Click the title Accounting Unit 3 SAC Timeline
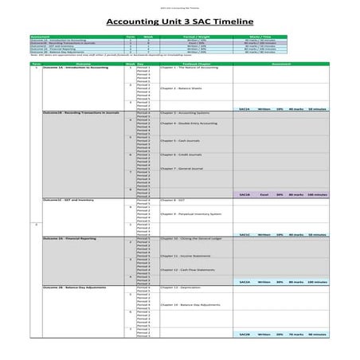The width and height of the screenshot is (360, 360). point(179,22)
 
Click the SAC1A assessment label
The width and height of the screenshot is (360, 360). point(245,109)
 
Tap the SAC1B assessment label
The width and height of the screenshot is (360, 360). point(245,194)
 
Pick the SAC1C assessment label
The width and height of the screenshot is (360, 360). point(245,234)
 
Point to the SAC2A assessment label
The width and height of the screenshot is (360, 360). point(245,282)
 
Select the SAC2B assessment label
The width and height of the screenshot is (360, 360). point(245,335)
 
